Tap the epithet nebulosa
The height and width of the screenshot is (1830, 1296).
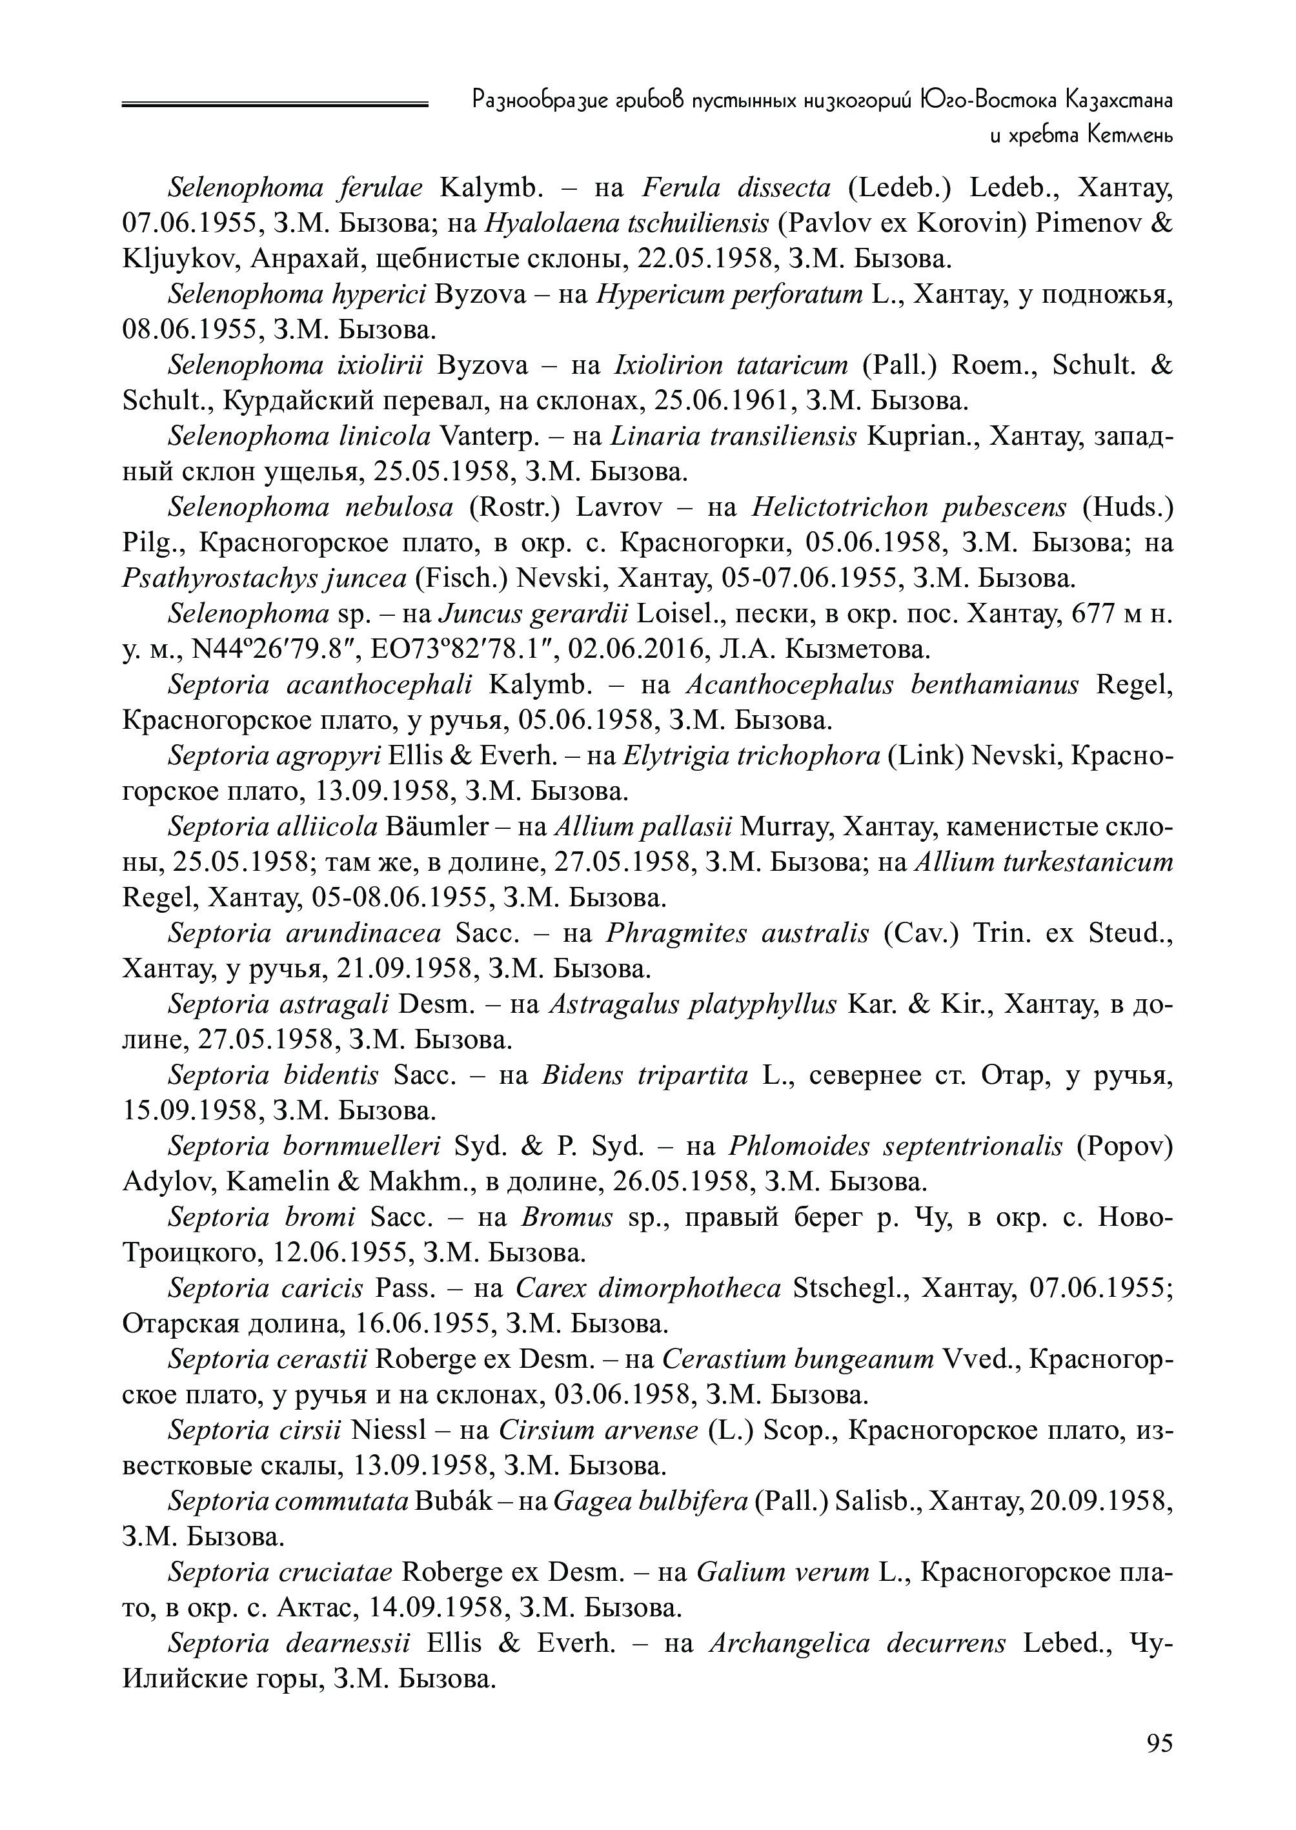pyautogui.click(x=399, y=507)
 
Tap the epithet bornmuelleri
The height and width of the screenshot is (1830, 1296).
pyautogui.click(x=361, y=1145)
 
